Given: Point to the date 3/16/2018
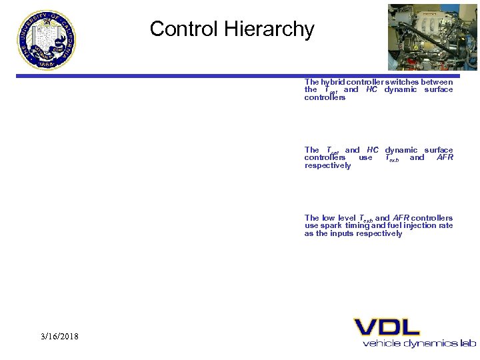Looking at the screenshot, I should tap(59, 336).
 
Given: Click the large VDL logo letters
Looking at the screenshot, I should tap(387, 327).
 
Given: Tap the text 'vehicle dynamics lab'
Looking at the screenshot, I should tap(419, 343).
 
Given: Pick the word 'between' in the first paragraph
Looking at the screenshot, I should tap(437, 82).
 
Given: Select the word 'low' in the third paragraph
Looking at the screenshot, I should tap(329, 218).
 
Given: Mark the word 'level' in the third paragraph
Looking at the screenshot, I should tap(347, 218).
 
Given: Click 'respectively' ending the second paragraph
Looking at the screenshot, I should tap(327, 165).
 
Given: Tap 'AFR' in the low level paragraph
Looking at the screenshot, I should tap(401, 218).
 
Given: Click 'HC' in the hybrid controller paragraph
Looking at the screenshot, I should tap(371, 89).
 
